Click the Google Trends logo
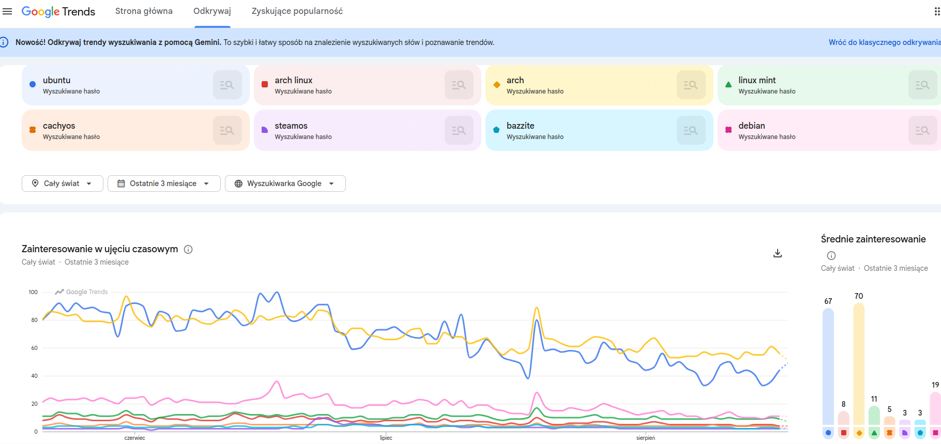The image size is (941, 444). point(58,11)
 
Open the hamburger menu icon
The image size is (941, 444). point(7,11)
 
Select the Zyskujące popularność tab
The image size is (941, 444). point(297,11)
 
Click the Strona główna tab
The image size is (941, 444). point(144,11)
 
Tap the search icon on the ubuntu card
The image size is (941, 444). point(227,85)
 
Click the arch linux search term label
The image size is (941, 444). point(294,80)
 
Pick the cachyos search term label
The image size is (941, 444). point(59,126)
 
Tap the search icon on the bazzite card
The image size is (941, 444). point(691,130)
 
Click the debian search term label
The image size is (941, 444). point(752,126)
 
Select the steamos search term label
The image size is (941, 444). point(291,126)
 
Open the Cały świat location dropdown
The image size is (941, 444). point(63,183)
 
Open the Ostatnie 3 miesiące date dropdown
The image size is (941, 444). point(164,183)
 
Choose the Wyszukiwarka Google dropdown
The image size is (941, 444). point(285,183)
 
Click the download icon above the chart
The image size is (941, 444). point(778,253)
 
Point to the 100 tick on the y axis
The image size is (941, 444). point(33,292)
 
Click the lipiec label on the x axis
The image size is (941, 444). point(386,438)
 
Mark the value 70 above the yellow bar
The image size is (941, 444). point(859,296)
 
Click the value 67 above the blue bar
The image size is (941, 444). point(828,301)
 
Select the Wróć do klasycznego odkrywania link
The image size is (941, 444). point(885,42)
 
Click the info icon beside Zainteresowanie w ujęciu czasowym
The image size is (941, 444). point(189,250)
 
